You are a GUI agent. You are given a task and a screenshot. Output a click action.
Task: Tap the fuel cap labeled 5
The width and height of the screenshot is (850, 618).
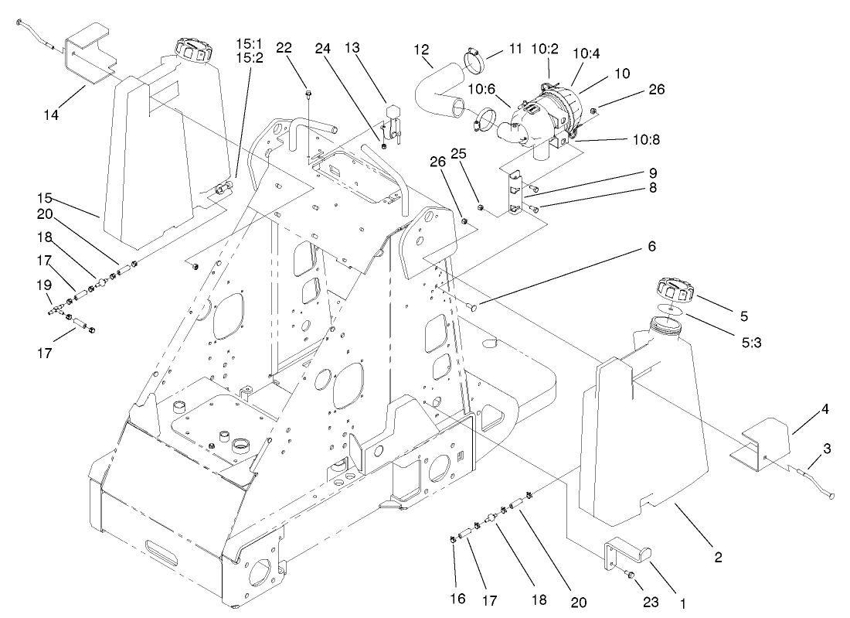pos(675,294)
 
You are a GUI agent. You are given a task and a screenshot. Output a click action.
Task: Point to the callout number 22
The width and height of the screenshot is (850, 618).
pos(284,48)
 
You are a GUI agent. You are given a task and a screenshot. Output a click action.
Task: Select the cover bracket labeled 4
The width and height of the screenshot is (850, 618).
pos(765,446)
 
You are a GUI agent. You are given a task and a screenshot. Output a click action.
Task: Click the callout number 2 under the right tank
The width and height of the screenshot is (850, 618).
pos(718,556)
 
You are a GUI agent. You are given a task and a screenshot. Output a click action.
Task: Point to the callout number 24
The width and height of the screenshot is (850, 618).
pos(323,48)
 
